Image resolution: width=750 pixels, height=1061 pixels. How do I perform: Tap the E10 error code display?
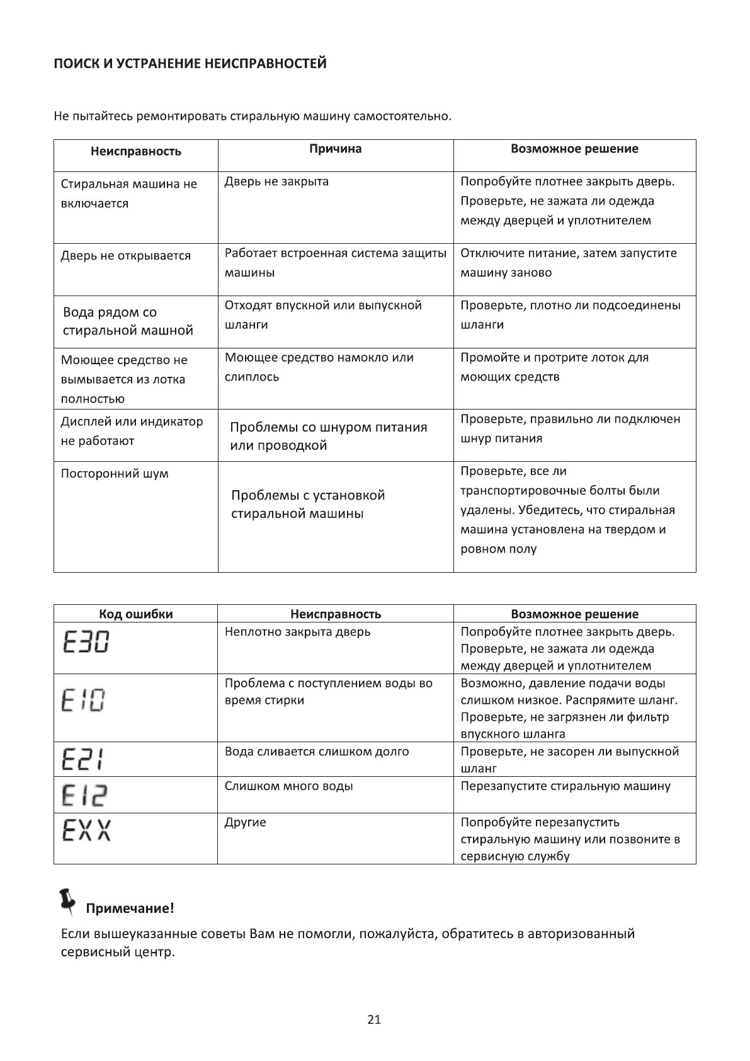click(x=83, y=701)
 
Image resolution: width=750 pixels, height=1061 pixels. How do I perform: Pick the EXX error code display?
click(x=87, y=830)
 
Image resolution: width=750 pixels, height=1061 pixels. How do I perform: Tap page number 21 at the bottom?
click(x=374, y=1019)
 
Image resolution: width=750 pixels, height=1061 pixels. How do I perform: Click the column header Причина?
click(x=335, y=149)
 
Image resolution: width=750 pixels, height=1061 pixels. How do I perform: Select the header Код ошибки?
click(x=135, y=614)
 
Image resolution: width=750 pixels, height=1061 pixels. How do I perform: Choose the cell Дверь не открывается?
click(x=125, y=256)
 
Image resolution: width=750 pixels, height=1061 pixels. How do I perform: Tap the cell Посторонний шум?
click(x=115, y=473)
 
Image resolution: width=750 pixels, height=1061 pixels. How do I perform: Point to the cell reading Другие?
click(x=245, y=822)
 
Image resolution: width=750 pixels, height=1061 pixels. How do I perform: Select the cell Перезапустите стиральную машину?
click(x=565, y=786)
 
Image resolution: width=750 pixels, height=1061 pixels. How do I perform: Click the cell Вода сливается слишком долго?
click(x=317, y=751)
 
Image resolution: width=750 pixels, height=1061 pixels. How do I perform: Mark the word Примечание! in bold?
click(x=130, y=909)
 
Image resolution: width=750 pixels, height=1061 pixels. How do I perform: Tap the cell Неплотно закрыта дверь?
click(x=297, y=631)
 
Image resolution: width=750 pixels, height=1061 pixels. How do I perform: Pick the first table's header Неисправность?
click(x=135, y=151)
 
